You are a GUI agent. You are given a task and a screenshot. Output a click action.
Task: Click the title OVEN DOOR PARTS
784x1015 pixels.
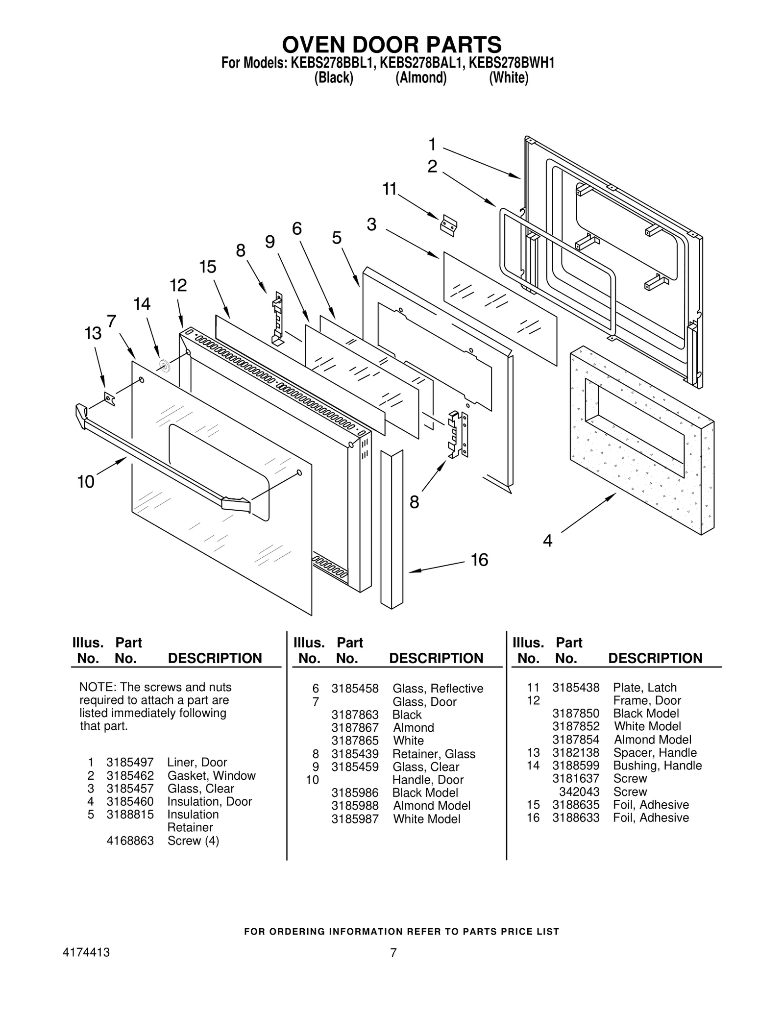pyautogui.click(x=392, y=45)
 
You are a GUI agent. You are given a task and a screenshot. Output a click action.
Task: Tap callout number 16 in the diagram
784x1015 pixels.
pyautogui.click(x=479, y=560)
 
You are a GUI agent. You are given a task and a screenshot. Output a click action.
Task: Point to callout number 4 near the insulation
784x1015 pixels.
pyautogui.click(x=547, y=541)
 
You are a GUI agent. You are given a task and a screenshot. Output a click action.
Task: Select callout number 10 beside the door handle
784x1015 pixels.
pyautogui.click(x=86, y=482)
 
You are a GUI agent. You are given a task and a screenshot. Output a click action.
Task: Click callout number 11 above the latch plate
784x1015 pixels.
pyautogui.click(x=390, y=189)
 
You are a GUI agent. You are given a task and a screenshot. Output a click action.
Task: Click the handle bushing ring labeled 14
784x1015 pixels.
pyautogui.click(x=165, y=365)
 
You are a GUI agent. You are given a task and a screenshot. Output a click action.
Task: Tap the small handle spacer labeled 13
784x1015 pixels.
pyautogui.click(x=110, y=398)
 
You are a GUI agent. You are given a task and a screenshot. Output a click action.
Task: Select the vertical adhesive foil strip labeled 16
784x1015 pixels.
pyautogui.click(x=392, y=529)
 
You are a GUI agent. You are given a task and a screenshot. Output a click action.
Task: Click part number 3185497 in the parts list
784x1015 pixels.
pyautogui.click(x=130, y=762)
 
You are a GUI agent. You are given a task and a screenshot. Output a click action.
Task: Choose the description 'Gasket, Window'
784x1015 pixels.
pyautogui.click(x=211, y=775)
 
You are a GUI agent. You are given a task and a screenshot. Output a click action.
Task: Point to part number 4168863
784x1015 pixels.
pyautogui.click(x=130, y=841)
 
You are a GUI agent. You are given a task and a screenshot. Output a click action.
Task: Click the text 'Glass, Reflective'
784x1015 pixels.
pyautogui.click(x=438, y=688)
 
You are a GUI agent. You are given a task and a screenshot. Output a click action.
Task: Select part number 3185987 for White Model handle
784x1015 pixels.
pyautogui.click(x=355, y=818)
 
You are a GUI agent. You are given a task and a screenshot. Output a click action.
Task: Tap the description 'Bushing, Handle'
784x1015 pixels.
pyautogui.click(x=657, y=765)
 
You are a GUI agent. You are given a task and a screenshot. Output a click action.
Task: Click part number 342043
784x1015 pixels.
pyautogui.click(x=579, y=792)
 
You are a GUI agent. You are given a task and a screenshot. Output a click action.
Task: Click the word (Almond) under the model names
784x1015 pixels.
pyautogui.click(x=421, y=78)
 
